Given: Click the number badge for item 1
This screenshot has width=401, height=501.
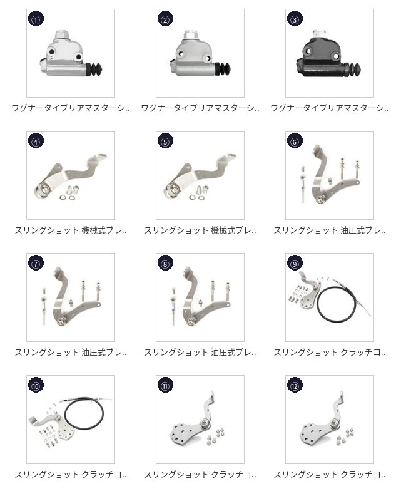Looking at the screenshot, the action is (x=36, y=19).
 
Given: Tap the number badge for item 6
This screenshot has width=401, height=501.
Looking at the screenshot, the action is (x=295, y=142).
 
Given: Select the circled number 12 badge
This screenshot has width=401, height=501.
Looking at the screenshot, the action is (x=295, y=386).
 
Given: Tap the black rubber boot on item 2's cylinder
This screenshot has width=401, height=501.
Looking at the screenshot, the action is (x=223, y=69).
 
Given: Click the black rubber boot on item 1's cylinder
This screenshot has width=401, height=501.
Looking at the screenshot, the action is (x=94, y=70).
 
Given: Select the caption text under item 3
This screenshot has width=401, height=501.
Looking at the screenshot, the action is (x=330, y=108).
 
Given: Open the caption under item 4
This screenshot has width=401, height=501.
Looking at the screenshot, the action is (x=71, y=230).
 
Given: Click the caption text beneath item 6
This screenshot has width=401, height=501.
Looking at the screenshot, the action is (x=330, y=230).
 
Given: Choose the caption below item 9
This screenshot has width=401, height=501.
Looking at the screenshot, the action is (x=330, y=353).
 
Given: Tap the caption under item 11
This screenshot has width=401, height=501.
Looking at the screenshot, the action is (x=200, y=475).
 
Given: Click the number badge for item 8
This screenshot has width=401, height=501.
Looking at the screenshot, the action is (x=165, y=264).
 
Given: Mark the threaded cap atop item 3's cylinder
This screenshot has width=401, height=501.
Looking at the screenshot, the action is (x=318, y=33).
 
